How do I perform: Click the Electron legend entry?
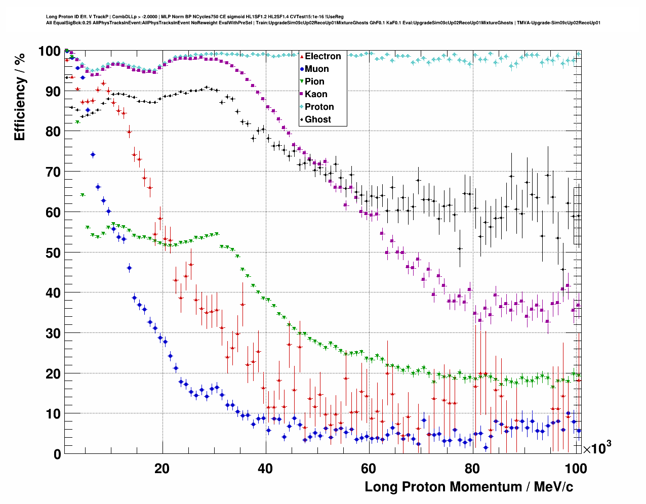322,56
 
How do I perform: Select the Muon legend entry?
316,69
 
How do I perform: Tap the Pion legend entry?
314,81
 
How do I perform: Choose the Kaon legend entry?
316,94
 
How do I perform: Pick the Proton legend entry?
319,107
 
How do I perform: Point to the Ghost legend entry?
317,119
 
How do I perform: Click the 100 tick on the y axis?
50,51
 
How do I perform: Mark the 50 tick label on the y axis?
53,253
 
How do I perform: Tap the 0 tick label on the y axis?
57,454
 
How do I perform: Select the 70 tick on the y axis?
53,172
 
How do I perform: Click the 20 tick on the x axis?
162,469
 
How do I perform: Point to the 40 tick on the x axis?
265,469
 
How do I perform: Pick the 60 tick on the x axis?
369,469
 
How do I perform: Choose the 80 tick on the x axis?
472,469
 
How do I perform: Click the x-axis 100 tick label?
576,469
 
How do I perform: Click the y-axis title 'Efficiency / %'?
20,96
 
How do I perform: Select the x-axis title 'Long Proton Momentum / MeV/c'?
469,487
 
